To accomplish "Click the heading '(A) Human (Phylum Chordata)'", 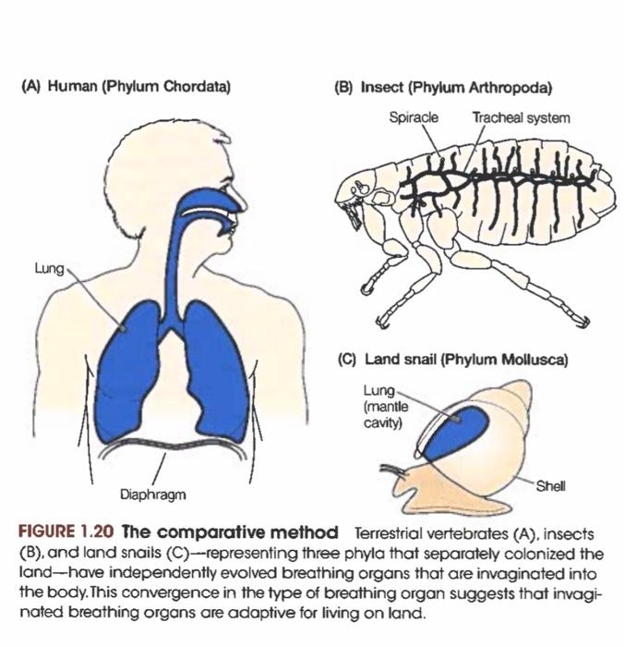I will tap(125, 88).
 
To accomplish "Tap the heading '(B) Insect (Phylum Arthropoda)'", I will tap(443, 88).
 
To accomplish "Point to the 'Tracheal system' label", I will tap(521, 117).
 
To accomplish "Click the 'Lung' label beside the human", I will tap(50, 269).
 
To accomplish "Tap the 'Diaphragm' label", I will tap(153, 494).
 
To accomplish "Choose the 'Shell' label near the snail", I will tap(551, 484).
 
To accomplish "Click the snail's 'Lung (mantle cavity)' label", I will tap(383, 406).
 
